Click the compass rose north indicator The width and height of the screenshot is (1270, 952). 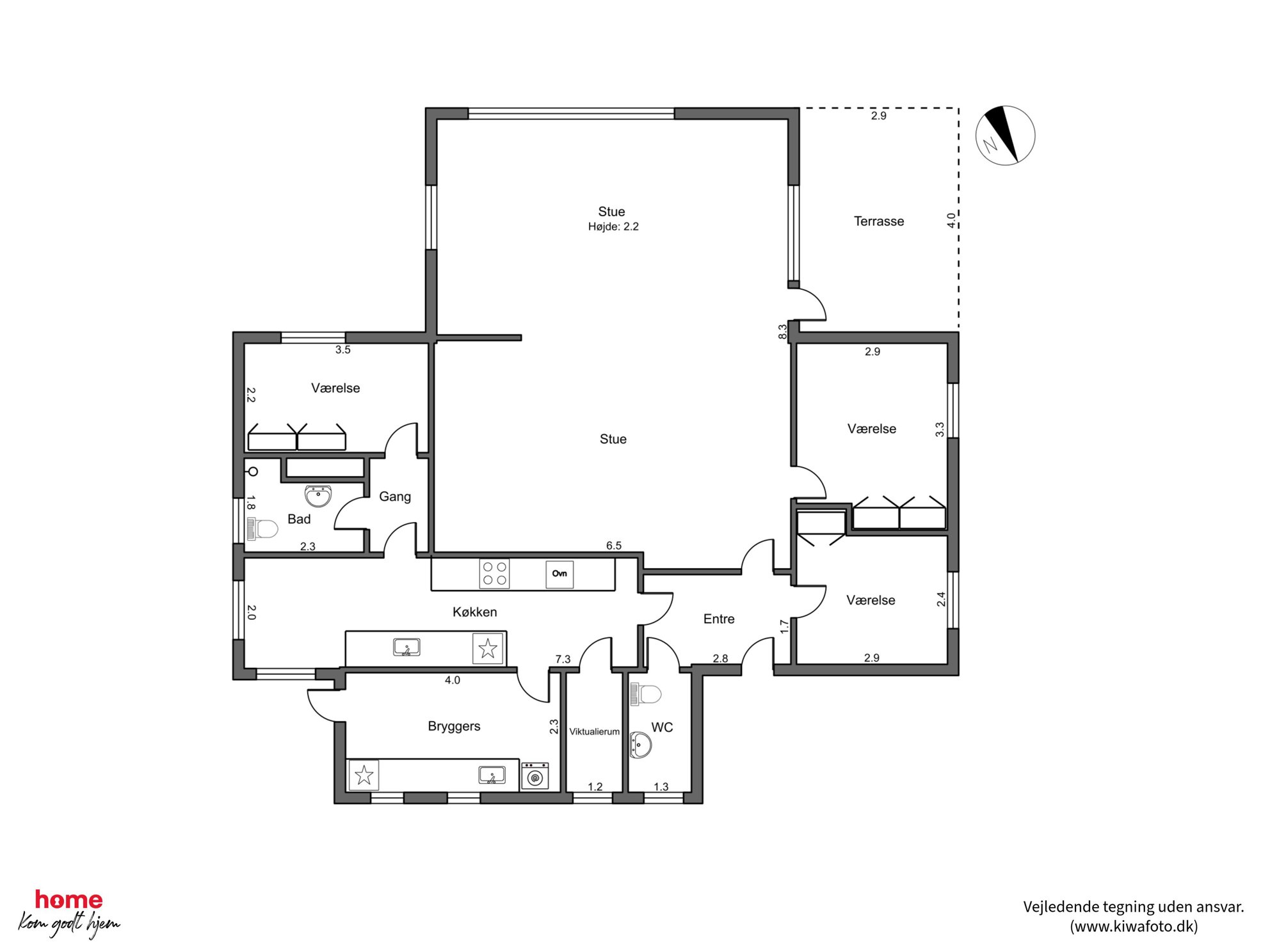tap(1005, 136)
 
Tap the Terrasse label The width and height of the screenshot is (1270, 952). tap(879, 221)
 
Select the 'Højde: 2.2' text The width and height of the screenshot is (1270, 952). tap(613, 226)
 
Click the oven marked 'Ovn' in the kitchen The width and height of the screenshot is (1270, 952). tap(559, 574)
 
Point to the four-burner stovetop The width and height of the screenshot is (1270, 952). tap(494, 573)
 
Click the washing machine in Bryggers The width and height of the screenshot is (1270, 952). tap(535, 776)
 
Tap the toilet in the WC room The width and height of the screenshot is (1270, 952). tap(646, 694)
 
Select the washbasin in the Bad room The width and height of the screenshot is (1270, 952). tap(318, 496)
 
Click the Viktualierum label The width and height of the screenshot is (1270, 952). tap(594, 731)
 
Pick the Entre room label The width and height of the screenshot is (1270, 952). tap(719, 619)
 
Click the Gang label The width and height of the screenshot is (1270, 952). tap(395, 496)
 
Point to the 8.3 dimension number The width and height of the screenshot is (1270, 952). tap(782, 332)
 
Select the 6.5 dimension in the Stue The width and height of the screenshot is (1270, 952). tap(614, 546)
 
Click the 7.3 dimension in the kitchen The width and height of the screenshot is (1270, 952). tap(563, 659)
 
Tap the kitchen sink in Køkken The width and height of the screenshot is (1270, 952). tap(406, 647)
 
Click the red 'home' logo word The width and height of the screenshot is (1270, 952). tap(68, 900)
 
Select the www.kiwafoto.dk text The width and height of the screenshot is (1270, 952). tap(1134, 926)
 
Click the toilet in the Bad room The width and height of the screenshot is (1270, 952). tap(262, 529)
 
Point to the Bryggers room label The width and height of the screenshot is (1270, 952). tap(454, 727)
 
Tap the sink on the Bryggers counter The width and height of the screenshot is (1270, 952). tap(492, 775)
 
